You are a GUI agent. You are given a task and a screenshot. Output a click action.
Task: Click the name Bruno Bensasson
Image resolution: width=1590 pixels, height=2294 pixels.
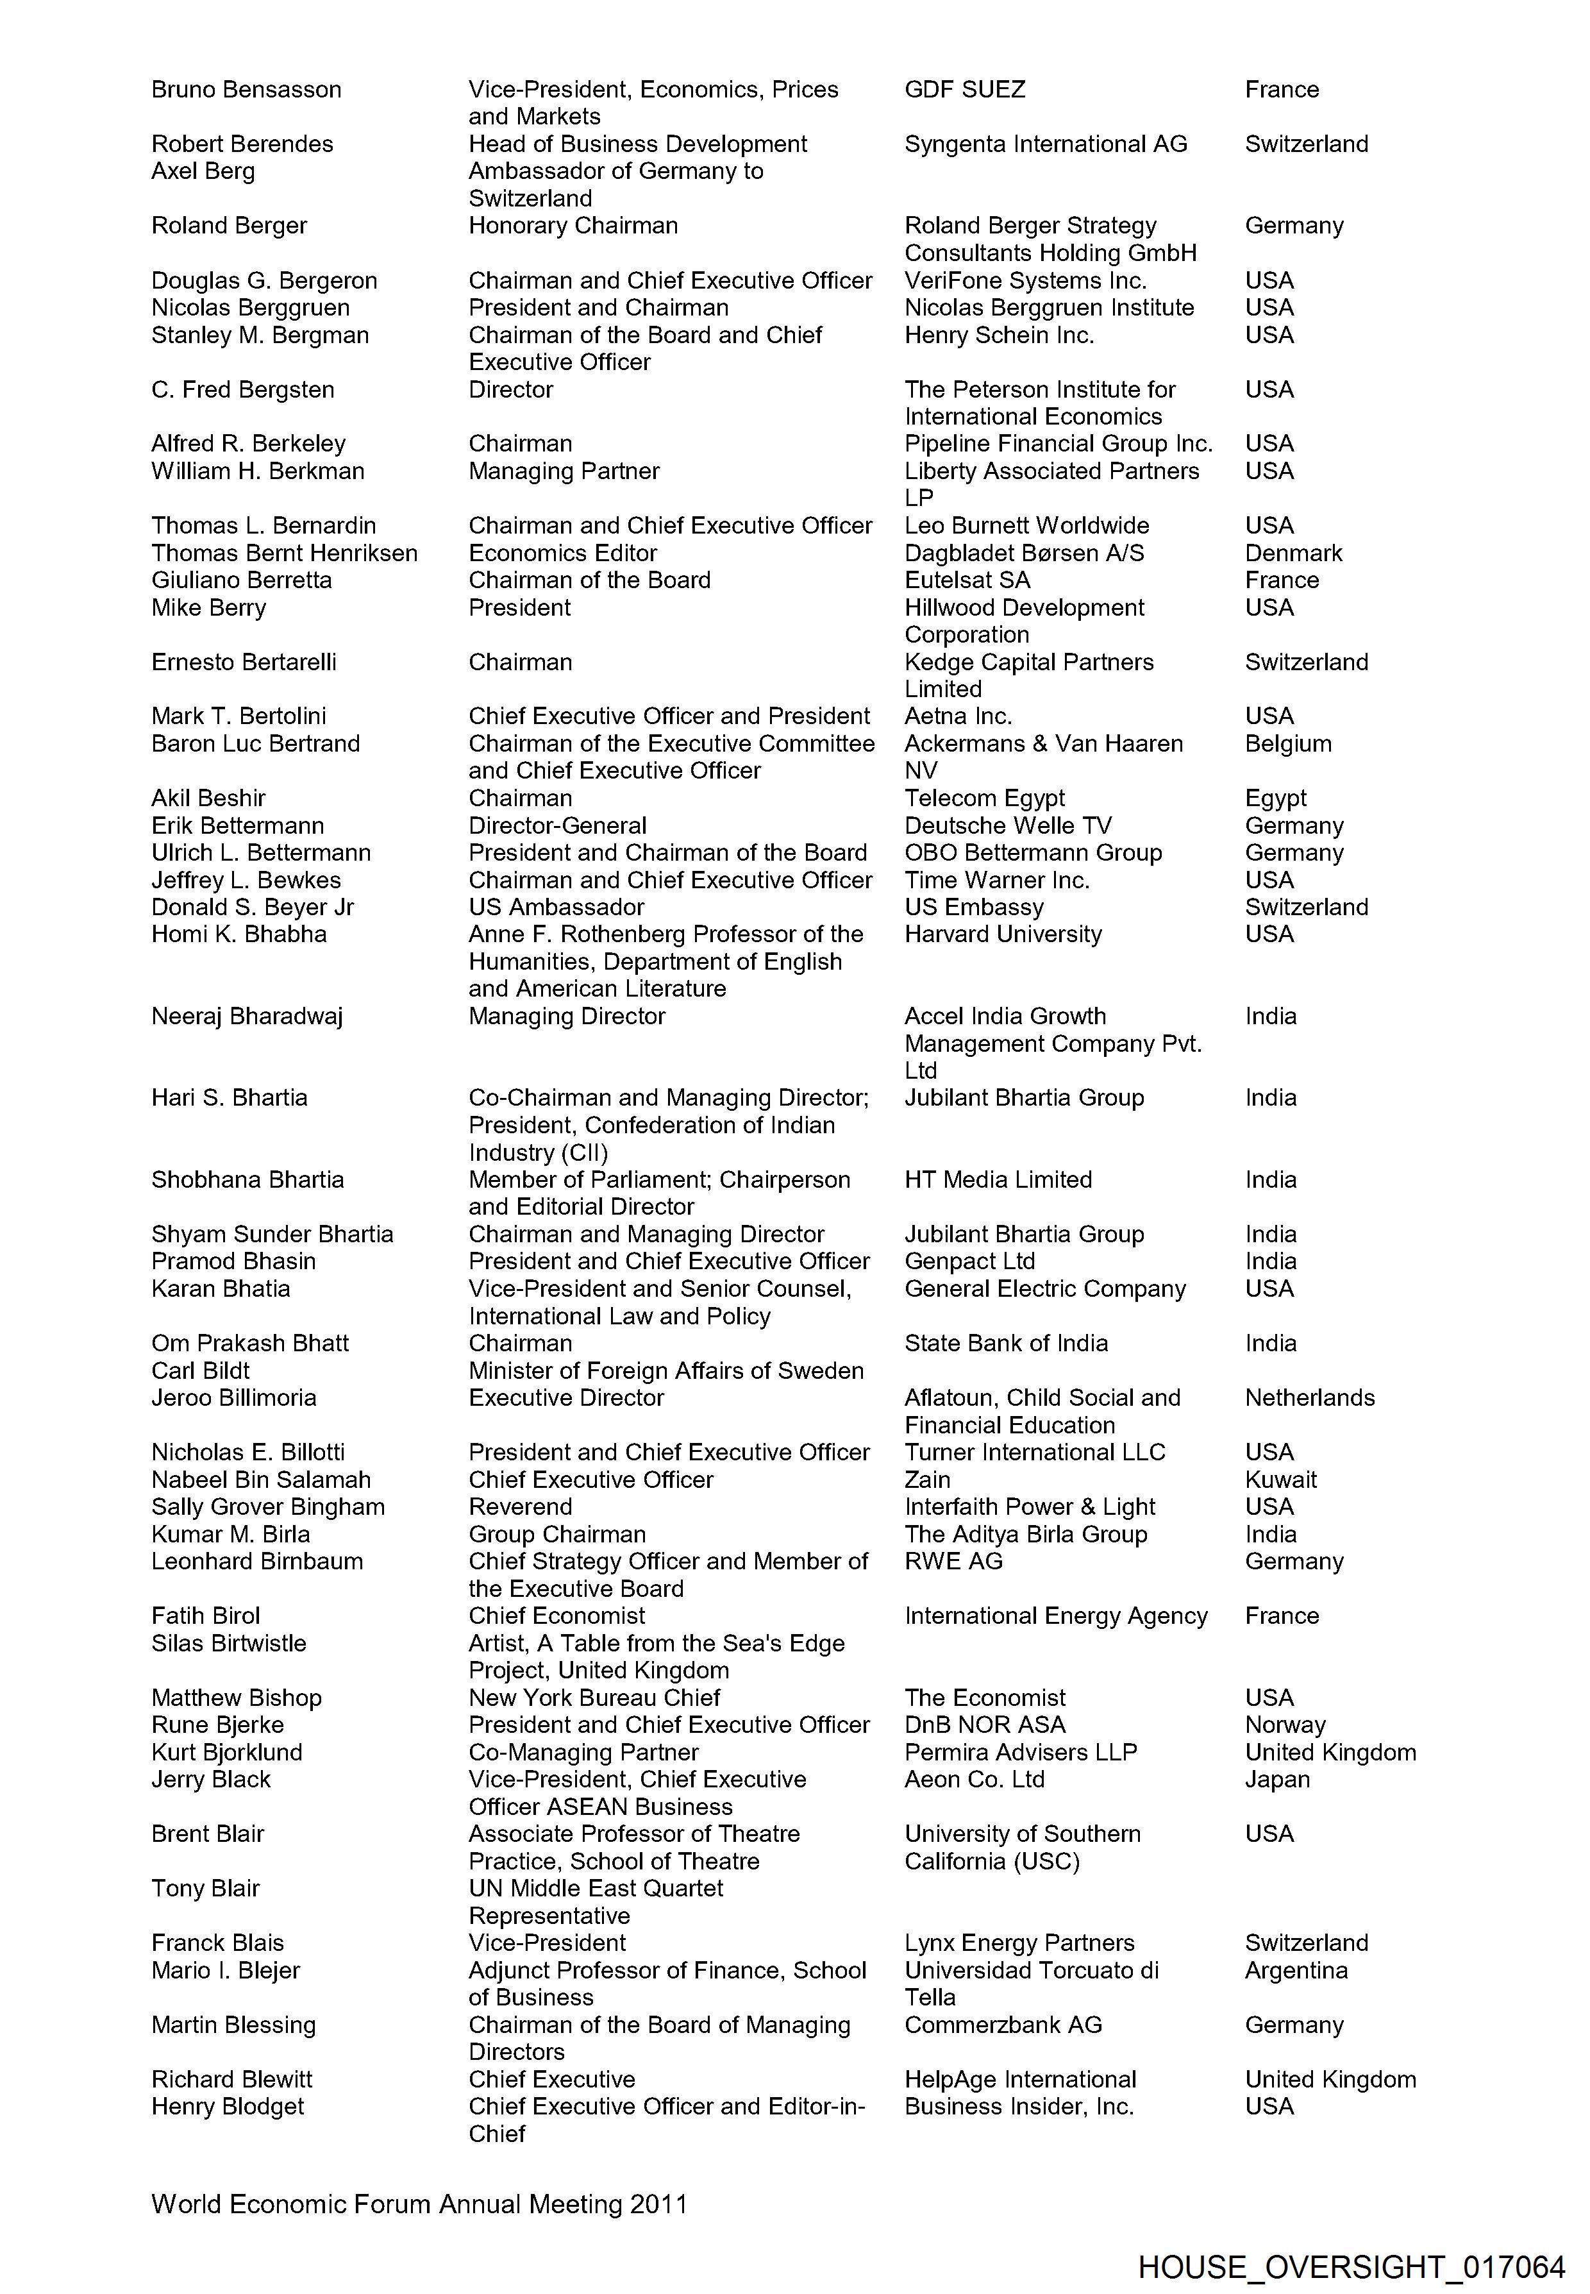[x=246, y=90]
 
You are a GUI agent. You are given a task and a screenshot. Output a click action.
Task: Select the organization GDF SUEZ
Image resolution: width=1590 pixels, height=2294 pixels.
[x=964, y=90]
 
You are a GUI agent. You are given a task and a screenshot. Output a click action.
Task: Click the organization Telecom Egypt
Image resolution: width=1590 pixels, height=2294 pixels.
[x=984, y=798]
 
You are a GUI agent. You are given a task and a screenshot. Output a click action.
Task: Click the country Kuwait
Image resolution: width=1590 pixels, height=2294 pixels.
[x=1280, y=1479]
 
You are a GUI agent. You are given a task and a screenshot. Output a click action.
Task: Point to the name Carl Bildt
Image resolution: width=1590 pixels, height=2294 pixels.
[x=200, y=1370]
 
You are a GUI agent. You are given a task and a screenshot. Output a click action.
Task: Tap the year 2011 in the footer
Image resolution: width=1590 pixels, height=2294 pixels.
[x=658, y=2204]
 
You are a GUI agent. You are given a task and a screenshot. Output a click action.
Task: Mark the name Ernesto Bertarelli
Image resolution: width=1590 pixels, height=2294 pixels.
[x=244, y=662]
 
